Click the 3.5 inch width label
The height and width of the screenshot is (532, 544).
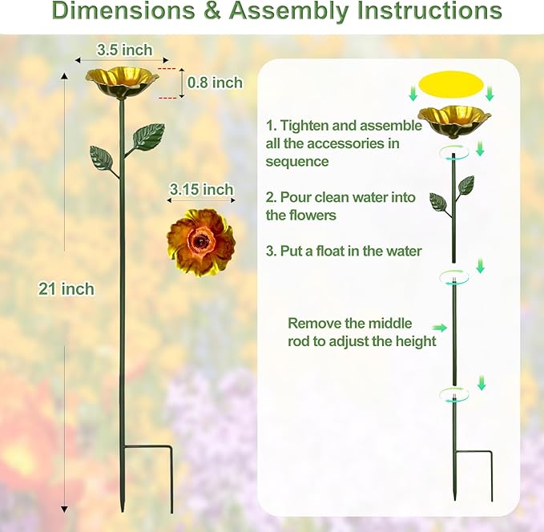click(x=124, y=50)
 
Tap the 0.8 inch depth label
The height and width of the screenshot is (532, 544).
click(x=215, y=82)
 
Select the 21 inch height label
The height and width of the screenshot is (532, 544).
click(x=66, y=289)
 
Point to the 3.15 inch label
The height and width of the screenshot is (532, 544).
click(x=201, y=190)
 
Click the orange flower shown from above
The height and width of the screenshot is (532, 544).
click(x=201, y=239)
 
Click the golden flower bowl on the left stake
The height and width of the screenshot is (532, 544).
click(x=123, y=81)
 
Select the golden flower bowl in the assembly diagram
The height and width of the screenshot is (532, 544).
click(x=454, y=119)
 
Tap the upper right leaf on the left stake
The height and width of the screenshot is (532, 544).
click(x=149, y=135)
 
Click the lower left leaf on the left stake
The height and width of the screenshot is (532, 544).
click(x=101, y=157)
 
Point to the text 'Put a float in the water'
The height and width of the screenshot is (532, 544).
click(x=344, y=251)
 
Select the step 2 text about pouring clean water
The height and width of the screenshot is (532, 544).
click(x=341, y=206)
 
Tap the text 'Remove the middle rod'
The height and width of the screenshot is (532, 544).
click(x=361, y=332)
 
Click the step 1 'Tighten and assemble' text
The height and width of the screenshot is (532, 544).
click(x=344, y=143)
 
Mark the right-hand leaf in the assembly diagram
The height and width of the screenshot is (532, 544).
click(x=466, y=186)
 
